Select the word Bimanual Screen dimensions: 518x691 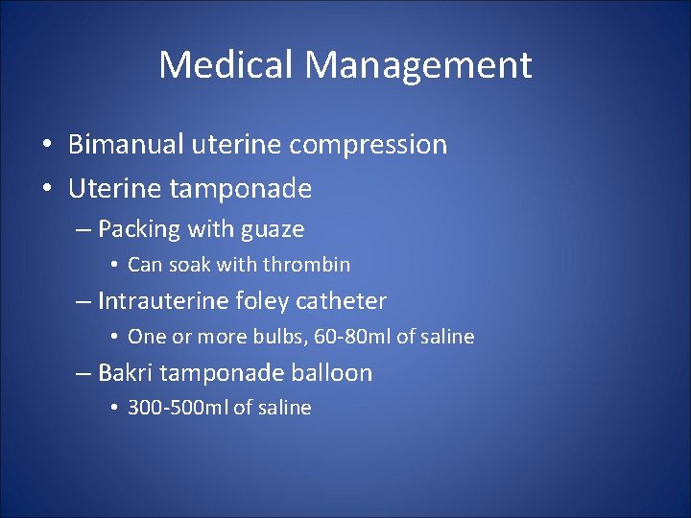[x=129, y=145]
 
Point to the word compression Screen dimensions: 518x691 [x=369, y=146]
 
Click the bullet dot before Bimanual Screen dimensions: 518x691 [x=46, y=146]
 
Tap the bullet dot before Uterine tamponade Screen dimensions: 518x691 [x=46, y=190]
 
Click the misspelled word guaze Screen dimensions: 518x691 [x=274, y=230]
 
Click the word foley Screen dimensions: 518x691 [x=258, y=301]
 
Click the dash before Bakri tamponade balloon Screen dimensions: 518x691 [x=83, y=373]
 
